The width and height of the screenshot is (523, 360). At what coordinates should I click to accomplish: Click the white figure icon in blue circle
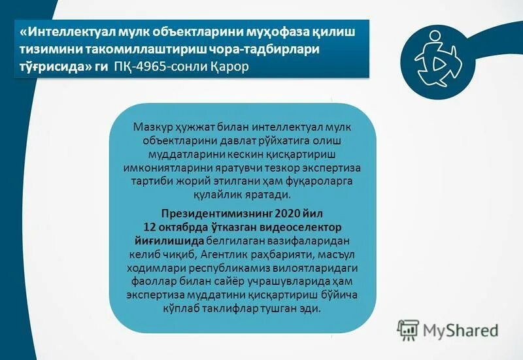click(439, 59)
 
